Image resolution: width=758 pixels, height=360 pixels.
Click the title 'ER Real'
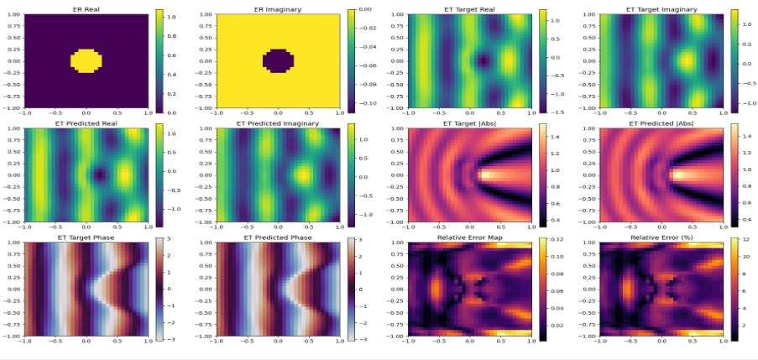coord(86,9)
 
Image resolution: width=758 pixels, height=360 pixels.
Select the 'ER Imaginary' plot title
coord(277,9)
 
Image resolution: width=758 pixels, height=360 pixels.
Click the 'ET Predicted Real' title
coord(86,123)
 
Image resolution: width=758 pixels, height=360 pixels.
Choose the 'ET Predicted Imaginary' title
coord(277,123)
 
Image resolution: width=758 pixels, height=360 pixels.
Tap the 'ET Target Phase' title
coord(86,237)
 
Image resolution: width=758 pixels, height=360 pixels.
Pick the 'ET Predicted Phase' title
coord(277,237)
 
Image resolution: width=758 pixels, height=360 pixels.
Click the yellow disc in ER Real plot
coord(86,61)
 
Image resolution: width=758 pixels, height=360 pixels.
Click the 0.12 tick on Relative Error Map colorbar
coord(558,241)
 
